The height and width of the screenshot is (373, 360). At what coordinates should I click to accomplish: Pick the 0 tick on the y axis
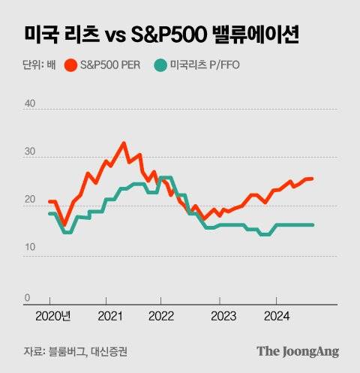[28, 298]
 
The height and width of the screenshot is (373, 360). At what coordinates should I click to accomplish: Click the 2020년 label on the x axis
[52, 317]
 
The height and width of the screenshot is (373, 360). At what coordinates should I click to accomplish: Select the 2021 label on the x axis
[110, 317]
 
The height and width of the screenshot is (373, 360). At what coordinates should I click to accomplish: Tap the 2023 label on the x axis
[220, 317]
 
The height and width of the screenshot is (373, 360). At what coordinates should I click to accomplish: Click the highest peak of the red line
[124, 143]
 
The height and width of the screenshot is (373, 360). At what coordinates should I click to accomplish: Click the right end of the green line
[312, 224]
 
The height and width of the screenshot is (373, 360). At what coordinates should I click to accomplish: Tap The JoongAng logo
[298, 350]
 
